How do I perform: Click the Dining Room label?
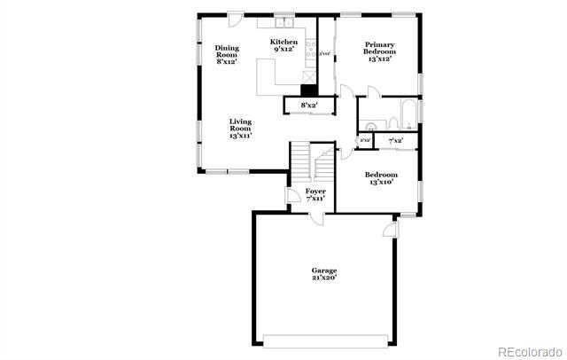coord(227,55)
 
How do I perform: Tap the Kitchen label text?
coord(283,45)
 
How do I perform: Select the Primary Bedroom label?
coord(378,48)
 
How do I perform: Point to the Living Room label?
coord(240,129)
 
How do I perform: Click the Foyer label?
coord(315,194)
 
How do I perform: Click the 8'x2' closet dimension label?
coord(309,106)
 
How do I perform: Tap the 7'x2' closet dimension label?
coord(395,140)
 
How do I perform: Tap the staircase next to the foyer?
coord(307,163)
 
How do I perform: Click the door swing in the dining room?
coord(236,19)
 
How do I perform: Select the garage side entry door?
coord(387,230)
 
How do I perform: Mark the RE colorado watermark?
coord(528,350)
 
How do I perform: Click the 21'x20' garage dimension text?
coord(323,278)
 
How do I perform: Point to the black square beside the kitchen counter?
coord(308,89)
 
